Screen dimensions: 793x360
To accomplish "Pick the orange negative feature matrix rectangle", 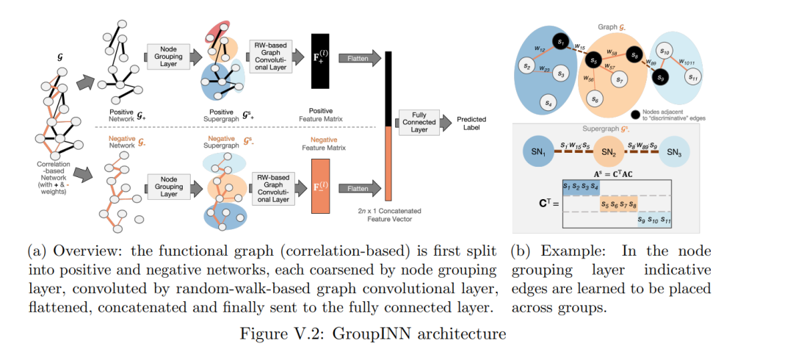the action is [321, 186].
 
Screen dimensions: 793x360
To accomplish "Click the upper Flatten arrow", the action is [360, 58].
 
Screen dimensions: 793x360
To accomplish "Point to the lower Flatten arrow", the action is [360, 189].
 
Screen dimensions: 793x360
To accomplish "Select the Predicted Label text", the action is [471, 123].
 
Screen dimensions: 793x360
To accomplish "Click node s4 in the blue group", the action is [548, 102].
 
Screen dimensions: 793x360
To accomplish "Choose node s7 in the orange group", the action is [618, 79].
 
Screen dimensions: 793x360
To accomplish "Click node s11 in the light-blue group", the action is [692, 77].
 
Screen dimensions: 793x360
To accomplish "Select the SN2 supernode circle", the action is [607, 151].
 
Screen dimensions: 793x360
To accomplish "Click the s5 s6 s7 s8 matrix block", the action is [618, 204].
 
